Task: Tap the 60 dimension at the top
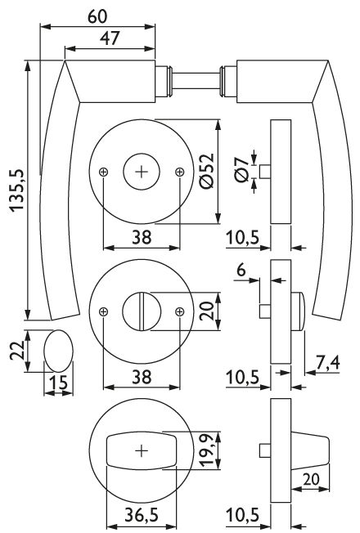97,16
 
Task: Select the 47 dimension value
110,38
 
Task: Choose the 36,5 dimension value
142,516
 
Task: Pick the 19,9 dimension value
208,450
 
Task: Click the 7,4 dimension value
328,364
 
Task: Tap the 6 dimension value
241,271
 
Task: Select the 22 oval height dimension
16,351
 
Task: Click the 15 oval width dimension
59,383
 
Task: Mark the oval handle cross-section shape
59,351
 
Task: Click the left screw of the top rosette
103,172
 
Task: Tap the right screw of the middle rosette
179,311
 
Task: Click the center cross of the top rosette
142,172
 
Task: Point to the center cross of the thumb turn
142,450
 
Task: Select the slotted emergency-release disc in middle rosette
142,311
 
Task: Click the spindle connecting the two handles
196,81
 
